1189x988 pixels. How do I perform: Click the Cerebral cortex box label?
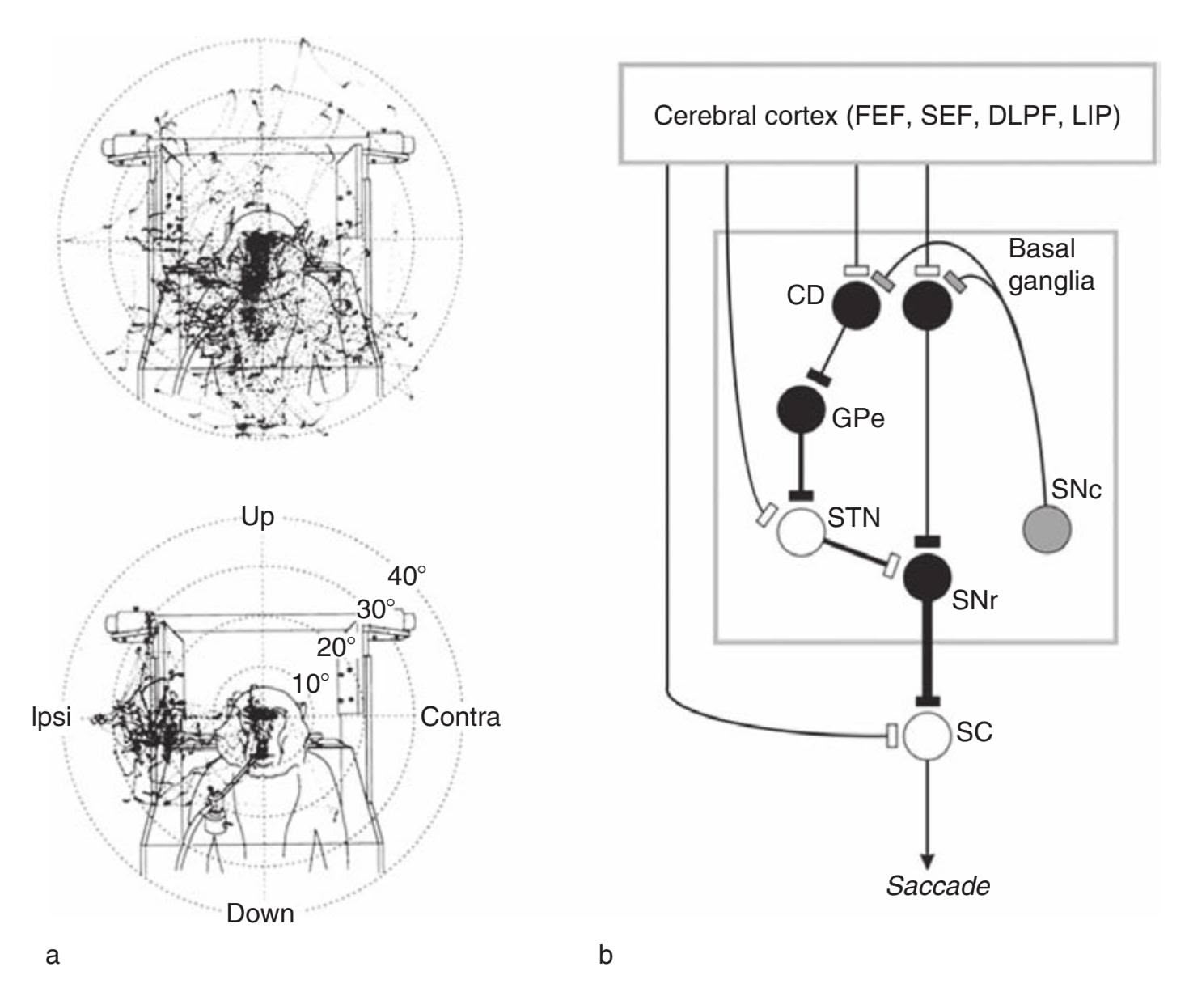(886, 116)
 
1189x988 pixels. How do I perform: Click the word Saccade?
(937, 885)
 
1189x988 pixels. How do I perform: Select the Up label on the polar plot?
(257, 516)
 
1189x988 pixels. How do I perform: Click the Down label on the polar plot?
(260, 914)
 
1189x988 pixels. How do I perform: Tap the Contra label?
(460, 717)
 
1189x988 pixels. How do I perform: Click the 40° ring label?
(407, 576)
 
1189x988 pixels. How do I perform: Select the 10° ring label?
(311, 684)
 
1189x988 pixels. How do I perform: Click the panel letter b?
(606, 956)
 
